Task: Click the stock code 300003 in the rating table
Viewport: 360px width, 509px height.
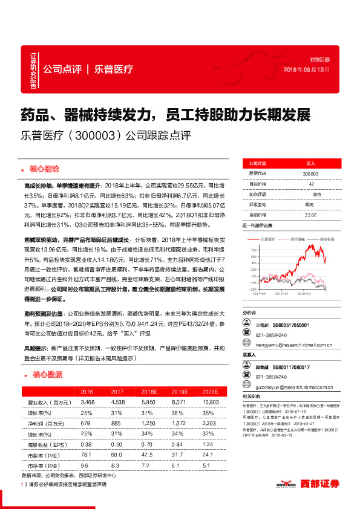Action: point(310,173)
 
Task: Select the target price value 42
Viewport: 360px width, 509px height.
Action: point(310,183)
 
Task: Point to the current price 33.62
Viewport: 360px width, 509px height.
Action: point(310,213)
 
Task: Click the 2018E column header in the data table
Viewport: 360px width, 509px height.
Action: point(147,391)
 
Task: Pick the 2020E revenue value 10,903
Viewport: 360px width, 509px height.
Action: point(211,401)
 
